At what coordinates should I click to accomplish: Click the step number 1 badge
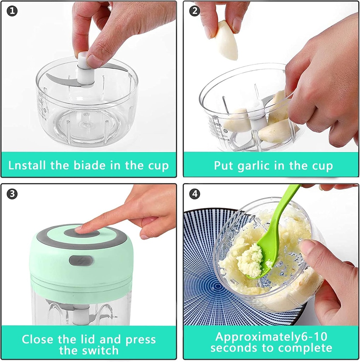(x=12, y=11)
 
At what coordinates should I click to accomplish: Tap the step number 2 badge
(x=194, y=11)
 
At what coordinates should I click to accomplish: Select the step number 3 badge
(x=12, y=194)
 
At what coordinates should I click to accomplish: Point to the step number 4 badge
(x=194, y=194)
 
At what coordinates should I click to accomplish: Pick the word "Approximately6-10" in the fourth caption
(x=271, y=336)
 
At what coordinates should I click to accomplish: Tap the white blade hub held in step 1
(x=85, y=69)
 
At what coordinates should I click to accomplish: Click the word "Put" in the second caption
(x=223, y=165)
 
